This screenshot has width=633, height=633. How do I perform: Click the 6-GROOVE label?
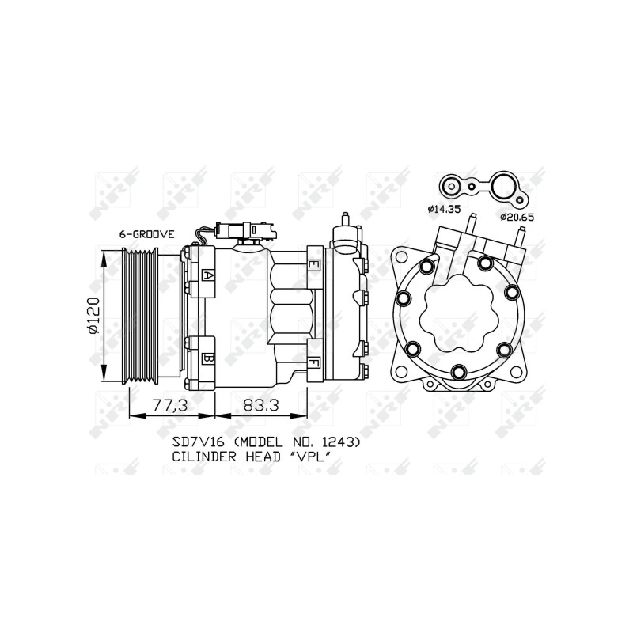tap(147, 234)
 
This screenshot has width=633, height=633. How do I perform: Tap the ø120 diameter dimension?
tap(93, 315)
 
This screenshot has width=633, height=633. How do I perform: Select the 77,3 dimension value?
tap(170, 405)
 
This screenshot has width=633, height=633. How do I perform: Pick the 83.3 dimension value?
tap(261, 405)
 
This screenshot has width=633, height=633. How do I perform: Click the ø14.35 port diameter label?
tap(444, 209)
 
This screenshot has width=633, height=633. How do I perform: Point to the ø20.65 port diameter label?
tap(517, 218)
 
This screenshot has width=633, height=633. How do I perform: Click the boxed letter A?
tap(208, 275)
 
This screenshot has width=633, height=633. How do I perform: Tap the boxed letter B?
tap(208, 358)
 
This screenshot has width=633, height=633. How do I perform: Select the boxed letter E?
tap(313, 265)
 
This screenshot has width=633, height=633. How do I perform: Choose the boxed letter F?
tap(313, 363)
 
